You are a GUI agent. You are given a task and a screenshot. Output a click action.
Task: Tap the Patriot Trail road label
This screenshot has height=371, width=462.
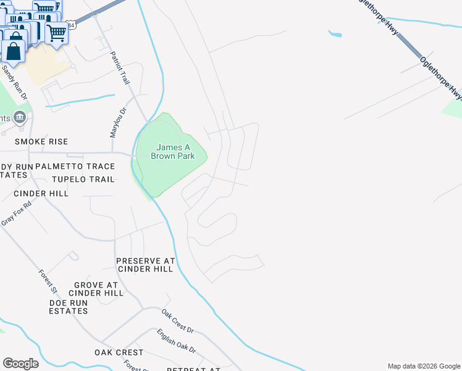(120, 68)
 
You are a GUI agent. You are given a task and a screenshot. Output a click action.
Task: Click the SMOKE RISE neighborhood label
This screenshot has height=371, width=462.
(41, 142)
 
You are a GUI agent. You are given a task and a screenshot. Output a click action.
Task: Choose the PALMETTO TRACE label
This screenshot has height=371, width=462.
(75, 166)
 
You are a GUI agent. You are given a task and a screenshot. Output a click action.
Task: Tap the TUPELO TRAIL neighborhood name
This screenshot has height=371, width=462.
(83, 179)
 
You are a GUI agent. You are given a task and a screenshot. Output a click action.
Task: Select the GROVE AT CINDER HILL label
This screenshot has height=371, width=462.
(96, 288)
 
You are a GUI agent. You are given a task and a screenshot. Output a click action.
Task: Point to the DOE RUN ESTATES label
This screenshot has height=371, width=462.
(69, 307)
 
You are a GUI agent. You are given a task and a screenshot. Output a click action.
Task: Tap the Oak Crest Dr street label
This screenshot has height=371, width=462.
(178, 322)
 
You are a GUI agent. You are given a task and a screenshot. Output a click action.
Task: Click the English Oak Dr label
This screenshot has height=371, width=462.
(176, 341)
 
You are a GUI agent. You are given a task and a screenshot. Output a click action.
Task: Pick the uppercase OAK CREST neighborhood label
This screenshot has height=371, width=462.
(119, 352)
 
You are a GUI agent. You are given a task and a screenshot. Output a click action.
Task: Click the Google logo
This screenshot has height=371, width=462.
(20, 364)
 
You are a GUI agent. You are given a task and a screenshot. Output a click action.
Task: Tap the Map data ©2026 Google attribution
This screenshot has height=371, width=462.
(424, 366)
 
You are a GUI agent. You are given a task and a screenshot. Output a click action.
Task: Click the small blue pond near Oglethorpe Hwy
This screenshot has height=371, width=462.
(335, 33)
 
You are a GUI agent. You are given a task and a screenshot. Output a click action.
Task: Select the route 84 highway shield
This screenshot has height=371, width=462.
(72, 25)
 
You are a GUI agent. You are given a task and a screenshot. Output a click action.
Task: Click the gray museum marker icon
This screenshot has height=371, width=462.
(20, 117)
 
